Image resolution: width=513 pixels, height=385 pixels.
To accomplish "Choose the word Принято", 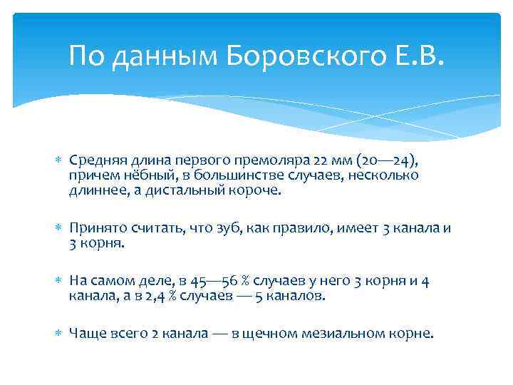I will [x=96, y=228].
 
